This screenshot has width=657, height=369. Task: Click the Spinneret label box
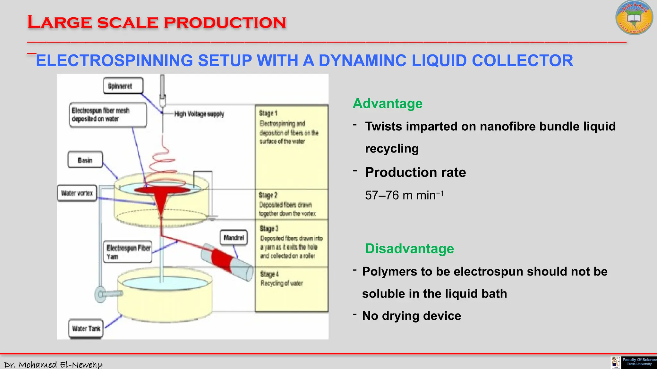(123, 86)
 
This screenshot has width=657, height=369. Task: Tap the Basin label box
(85, 160)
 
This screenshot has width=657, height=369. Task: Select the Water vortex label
(77, 193)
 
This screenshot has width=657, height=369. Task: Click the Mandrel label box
(234, 238)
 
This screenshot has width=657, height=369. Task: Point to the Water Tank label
(86, 329)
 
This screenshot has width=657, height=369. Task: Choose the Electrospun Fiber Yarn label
(128, 252)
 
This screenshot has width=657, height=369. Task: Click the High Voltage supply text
(199, 114)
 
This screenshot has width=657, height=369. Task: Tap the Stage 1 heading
(268, 113)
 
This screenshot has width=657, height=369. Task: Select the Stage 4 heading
(269, 274)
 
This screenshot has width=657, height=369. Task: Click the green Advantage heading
(388, 103)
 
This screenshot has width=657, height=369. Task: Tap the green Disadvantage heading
(409, 249)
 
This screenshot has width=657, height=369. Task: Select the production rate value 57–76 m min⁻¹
(404, 195)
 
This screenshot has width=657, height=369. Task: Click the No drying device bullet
(411, 316)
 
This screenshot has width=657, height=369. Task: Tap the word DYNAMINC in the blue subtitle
(362, 61)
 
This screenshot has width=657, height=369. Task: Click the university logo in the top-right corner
(634, 18)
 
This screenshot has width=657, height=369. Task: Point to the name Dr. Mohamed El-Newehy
(53, 365)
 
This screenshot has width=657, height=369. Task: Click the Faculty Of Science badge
(639, 362)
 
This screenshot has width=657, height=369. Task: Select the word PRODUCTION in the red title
(225, 22)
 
